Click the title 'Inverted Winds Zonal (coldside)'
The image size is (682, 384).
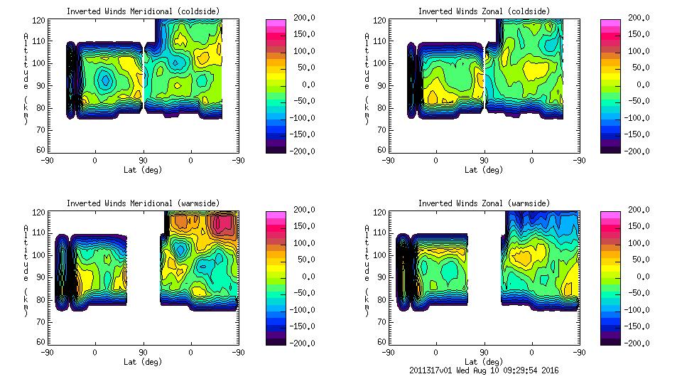[484, 11]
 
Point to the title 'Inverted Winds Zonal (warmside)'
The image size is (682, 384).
[484, 203]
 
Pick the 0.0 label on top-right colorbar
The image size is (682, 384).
[638, 84]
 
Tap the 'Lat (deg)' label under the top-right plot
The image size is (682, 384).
[484, 170]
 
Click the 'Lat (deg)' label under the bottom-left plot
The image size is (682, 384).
[143, 362]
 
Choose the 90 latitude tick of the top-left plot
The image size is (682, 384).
[143, 161]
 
